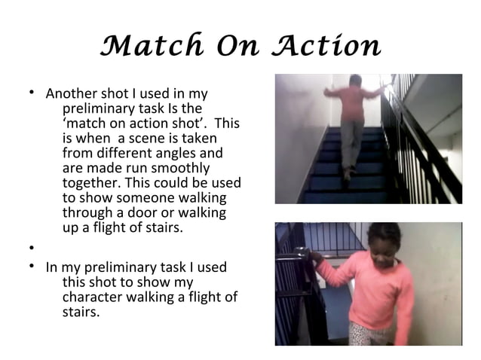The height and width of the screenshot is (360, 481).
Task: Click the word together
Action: (87, 183)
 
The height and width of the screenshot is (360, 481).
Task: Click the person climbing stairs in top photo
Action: (351, 121)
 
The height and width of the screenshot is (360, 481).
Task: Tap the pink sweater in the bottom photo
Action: (374, 290)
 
